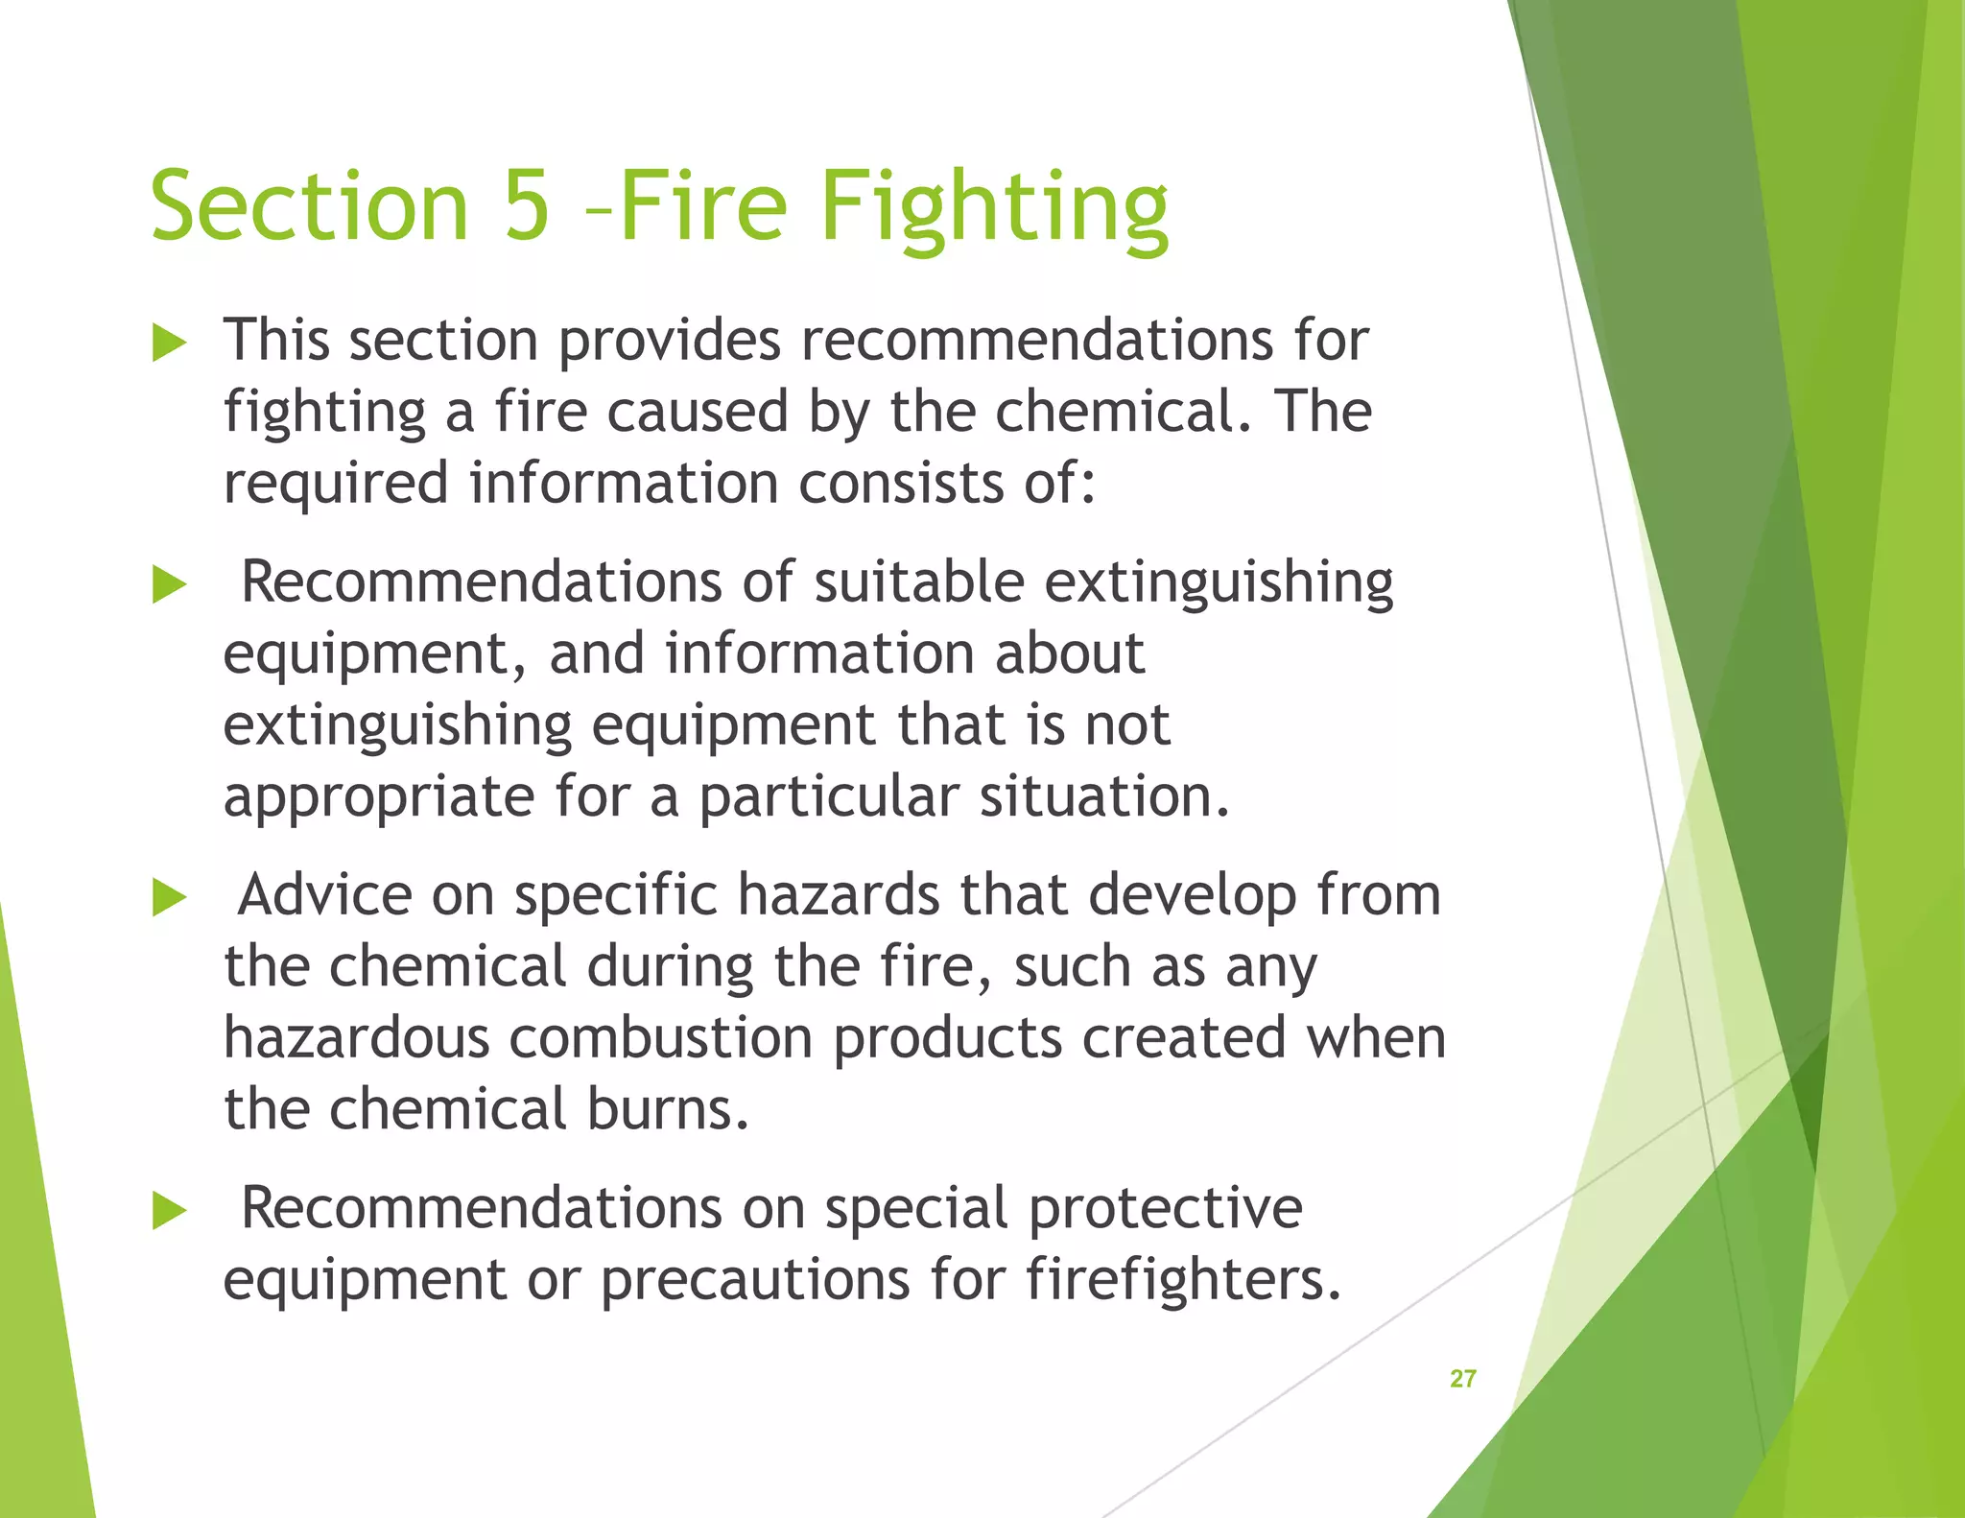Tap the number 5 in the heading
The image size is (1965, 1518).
tap(527, 205)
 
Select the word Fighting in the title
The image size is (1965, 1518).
tap(994, 207)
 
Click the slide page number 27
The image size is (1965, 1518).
tap(1462, 1379)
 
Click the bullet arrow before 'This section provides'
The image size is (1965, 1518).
tap(169, 343)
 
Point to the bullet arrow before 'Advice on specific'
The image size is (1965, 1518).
tap(169, 897)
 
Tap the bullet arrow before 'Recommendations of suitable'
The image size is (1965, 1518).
tap(169, 584)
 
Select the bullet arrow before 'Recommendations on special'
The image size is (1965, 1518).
tap(169, 1210)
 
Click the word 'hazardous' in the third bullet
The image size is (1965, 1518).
tap(356, 1038)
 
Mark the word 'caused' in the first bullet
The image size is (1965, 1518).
tap(698, 412)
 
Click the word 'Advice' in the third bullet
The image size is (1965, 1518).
tap(324, 895)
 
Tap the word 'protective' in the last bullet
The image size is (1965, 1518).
tap(1165, 1209)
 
